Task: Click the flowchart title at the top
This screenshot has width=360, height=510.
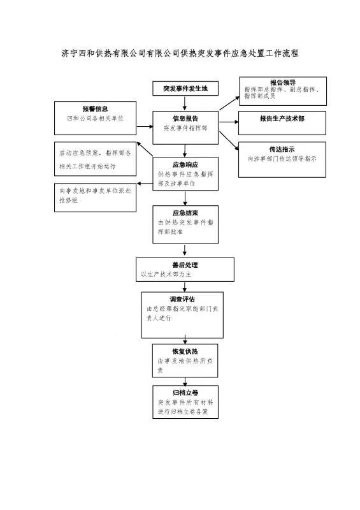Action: (x=180, y=53)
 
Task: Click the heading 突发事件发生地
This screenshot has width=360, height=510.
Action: (x=185, y=89)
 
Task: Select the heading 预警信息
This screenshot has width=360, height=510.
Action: (x=95, y=109)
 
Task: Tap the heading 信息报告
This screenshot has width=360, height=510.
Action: (x=185, y=119)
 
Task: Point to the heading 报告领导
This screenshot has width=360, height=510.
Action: (x=283, y=82)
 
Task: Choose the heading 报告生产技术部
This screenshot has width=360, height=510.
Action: (x=282, y=119)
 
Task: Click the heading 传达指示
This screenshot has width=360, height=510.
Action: (x=282, y=149)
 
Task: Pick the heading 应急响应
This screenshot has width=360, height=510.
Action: (x=185, y=164)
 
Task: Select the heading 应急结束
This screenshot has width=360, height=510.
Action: (x=185, y=213)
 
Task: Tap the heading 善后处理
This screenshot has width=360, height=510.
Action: (x=185, y=265)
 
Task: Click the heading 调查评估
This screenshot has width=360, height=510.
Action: (x=182, y=299)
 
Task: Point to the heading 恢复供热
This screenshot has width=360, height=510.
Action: (x=185, y=351)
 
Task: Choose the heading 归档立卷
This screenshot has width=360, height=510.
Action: (x=185, y=393)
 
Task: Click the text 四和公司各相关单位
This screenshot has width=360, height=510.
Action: (x=96, y=119)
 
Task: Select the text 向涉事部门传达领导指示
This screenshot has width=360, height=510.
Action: (x=282, y=159)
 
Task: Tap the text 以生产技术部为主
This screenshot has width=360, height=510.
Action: (x=166, y=274)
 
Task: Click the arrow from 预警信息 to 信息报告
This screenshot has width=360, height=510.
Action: (x=145, y=126)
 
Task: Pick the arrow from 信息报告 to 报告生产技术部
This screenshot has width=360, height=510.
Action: (x=229, y=122)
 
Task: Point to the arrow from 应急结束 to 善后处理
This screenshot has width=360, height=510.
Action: (x=185, y=250)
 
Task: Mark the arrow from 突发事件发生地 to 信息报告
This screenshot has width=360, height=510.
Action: (x=185, y=103)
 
